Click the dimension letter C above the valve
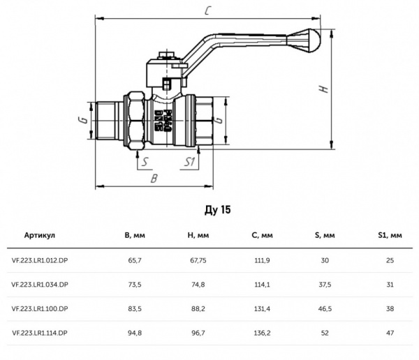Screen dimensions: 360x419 click(209, 10)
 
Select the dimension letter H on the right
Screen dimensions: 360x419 click(323, 89)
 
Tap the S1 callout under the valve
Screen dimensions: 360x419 click(189, 163)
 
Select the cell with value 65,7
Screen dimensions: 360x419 click(133, 260)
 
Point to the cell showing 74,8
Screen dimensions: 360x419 click(198, 285)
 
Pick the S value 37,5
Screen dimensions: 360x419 click(325, 285)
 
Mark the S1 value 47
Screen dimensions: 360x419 click(390, 333)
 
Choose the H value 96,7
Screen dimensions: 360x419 click(198, 333)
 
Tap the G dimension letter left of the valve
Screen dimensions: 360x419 click(82, 120)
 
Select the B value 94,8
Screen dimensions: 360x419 click(133, 333)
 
